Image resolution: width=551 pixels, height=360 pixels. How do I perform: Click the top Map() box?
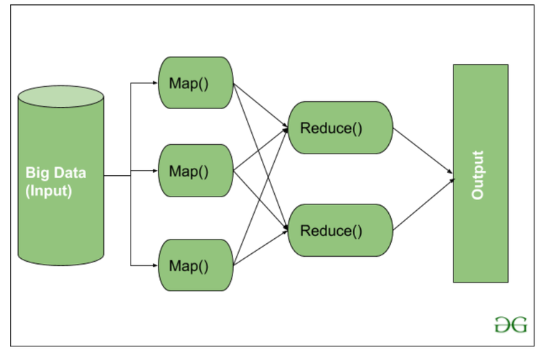pyautogui.click(x=195, y=82)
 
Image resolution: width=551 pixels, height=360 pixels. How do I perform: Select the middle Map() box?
pyautogui.click(x=195, y=171)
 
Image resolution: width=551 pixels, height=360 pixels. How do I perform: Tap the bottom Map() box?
pyautogui.click(x=195, y=265)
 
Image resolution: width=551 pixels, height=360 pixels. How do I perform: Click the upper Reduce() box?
pyautogui.click(x=340, y=128)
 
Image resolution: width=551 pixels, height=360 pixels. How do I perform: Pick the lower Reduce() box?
pyautogui.click(x=340, y=231)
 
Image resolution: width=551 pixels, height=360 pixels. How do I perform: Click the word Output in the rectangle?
pyautogui.click(x=479, y=174)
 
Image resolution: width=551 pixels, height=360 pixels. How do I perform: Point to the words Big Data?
pyautogui.click(x=56, y=173)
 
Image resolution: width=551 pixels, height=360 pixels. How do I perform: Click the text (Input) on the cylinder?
pyautogui.click(x=49, y=191)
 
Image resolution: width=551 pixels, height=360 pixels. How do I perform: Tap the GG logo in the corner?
pyautogui.click(x=510, y=324)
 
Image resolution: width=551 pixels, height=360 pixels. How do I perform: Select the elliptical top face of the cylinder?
pyautogui.click(x=61, y=95)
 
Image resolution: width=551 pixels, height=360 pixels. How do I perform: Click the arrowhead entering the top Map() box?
pyautogui.click(x=154, y=82)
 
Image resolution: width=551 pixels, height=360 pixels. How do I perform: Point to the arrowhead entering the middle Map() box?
pyautogui.click(x=154, y=172)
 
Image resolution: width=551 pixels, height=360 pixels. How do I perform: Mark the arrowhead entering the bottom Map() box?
pyautogui.click(x=154, y=265)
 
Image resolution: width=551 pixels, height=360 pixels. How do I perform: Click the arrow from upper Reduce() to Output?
pyautogui.click(x=423, y=151)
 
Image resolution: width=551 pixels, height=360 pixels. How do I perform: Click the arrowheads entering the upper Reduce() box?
pyautogui.click(x=286, y=129)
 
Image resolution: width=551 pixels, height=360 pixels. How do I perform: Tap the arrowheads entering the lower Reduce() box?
pyautogui.click(x=286, y=229)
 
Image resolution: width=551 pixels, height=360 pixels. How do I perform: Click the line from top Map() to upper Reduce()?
pyautogui.click(x=260, y=106)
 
